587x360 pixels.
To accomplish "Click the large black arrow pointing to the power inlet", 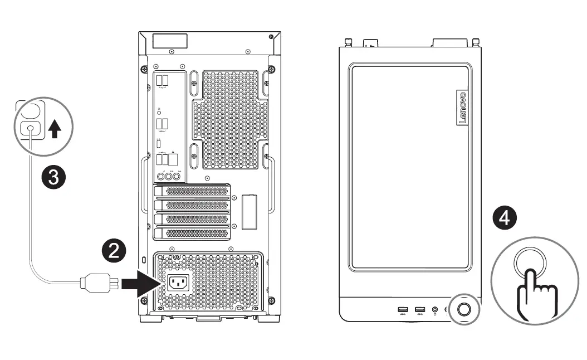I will point(137,284).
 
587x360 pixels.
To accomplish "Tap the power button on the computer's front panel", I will point(464,310).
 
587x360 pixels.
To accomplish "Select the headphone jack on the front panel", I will point(434,310).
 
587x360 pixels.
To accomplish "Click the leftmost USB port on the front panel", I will point(403,310).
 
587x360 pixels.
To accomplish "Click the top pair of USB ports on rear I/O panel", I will point(162,80).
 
